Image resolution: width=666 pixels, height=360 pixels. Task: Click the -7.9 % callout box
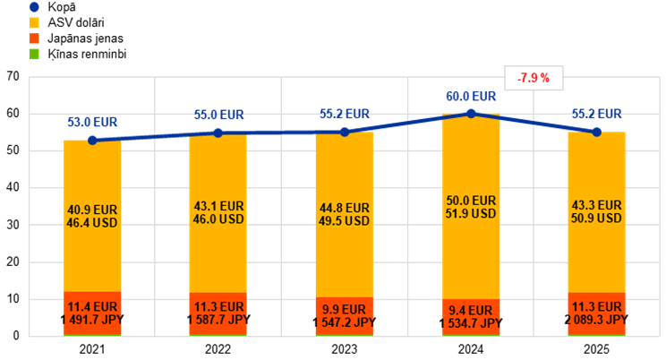pos(534,79)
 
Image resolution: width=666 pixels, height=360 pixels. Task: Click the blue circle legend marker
pos(34,7)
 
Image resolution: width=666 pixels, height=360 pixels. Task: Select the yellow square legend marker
pos(34,22)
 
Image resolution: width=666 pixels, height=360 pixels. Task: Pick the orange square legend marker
pos(34,39)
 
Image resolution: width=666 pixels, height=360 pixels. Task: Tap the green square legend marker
pos(34,54)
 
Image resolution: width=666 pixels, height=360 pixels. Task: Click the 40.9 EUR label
pos(92,210)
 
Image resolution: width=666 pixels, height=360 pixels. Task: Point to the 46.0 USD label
pos(218,219)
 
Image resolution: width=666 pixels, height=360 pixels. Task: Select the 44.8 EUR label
pos(345,208)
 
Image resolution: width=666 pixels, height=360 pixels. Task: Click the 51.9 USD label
pos(471,214)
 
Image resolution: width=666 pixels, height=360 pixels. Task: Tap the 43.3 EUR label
pos(597,205)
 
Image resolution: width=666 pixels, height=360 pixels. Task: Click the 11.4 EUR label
pos(92,306)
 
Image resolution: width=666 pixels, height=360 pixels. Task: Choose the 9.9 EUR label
pos(345,309)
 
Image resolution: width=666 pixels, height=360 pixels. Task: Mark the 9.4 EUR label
pos(471,311)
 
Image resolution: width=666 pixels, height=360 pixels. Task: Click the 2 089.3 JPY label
pos(597,320)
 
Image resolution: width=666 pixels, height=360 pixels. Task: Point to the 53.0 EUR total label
pos(92,123)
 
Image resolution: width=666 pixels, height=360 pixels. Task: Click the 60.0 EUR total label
pos(471,97)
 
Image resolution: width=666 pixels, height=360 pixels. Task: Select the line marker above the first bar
pos(92,140)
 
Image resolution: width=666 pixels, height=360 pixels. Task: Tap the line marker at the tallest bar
pos(471,113)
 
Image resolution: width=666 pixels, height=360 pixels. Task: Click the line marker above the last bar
pos(597,132)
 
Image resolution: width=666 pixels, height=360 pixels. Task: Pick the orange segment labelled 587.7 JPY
pos(218,313)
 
